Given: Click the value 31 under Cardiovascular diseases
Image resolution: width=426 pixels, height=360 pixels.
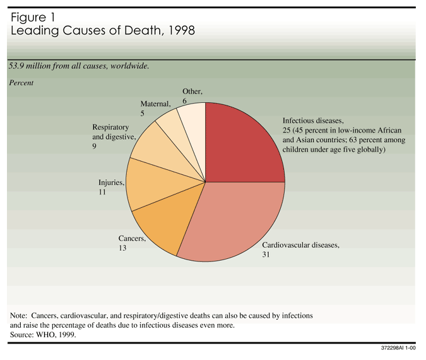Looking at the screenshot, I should [266, 255].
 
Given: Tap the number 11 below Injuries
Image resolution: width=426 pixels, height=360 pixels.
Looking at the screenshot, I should [102, 192].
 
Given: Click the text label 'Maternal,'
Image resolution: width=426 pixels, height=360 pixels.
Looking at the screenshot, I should [156, 104].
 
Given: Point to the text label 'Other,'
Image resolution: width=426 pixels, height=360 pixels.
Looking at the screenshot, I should [192, 91].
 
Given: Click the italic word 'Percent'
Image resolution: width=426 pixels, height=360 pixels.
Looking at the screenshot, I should [21, 82].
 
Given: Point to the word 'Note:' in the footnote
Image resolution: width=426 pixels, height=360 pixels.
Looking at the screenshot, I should [22, 315].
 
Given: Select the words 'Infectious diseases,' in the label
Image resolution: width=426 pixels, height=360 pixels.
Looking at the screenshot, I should [313, 120].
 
